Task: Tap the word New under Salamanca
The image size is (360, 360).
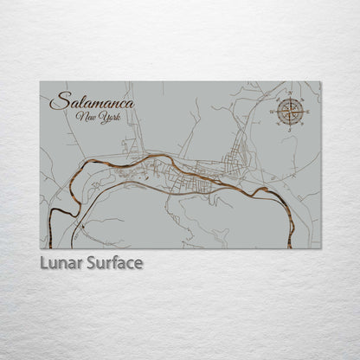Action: [x=84, y=117]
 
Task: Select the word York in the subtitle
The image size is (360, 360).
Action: [x=105, y=117]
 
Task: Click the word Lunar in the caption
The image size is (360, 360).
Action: [x=60, y=261]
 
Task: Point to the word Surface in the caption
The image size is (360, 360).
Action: [x=112, y=261]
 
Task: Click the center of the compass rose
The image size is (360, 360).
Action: [x=289, y=110]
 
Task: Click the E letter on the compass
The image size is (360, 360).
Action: [x=305, y=110]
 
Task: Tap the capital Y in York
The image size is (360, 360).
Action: [x=98, y=116]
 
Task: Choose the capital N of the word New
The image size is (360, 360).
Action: [x=79, y=116]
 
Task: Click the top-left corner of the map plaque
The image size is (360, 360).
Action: [x=40, y=81]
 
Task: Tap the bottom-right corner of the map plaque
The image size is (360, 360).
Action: [x=321, y=248]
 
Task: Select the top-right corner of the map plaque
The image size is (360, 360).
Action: [x=321, y=81]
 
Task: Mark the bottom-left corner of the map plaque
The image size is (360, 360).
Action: [x=40, y=248]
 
